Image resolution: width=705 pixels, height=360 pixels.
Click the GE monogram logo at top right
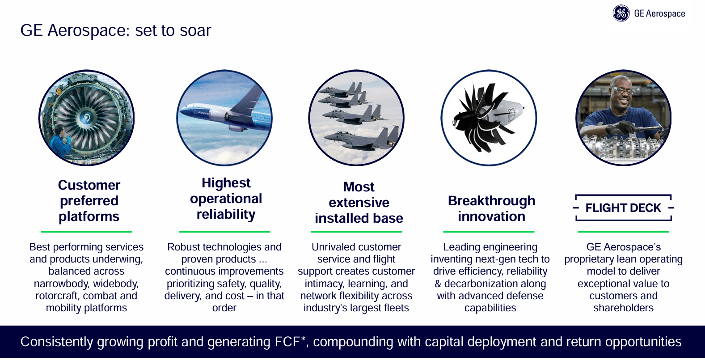621,13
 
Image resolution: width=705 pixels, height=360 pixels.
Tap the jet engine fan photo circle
86,118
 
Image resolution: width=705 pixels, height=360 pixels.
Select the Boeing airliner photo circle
224,118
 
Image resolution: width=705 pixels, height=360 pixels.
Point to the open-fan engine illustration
488,118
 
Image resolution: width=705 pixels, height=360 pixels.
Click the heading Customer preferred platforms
89,201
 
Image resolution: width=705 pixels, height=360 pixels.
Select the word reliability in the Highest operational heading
226,214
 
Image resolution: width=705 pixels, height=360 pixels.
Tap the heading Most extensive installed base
359,203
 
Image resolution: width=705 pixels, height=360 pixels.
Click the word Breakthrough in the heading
491,201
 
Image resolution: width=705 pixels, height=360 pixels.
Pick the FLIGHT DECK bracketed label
623,208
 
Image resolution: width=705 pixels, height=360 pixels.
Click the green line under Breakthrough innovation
489,232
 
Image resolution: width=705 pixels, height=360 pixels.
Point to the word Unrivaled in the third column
331,247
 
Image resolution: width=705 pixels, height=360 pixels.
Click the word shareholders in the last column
623,308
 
